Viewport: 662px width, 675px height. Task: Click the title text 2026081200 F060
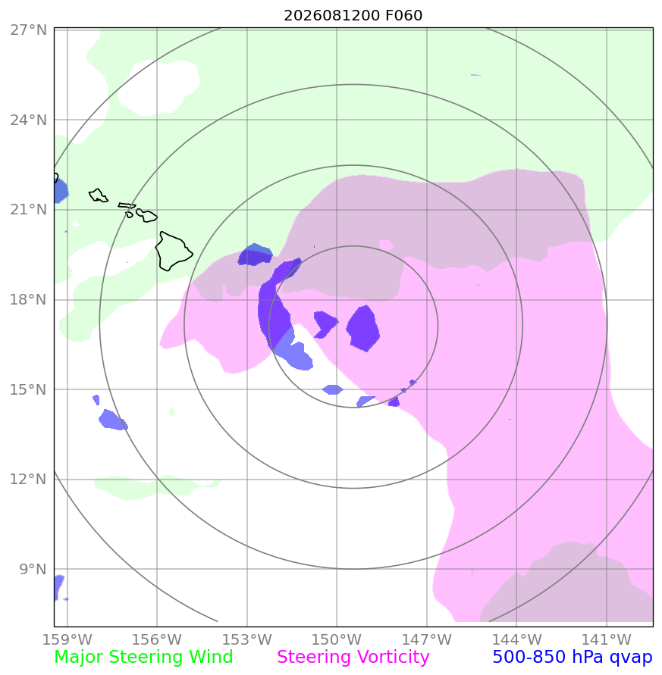(x=353, y=15)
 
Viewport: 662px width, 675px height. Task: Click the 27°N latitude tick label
(x=29, y=30)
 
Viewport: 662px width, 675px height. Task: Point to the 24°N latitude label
(x=29, y=120)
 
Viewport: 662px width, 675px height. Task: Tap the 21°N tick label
(x=29, y=210)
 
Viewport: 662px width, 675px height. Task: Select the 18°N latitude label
(x=29, y=299)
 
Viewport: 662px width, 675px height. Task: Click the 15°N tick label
(x=29, y=389)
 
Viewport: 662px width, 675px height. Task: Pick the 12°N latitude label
(x=29, y=479)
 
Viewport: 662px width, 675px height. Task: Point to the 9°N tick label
(x=33, y=569)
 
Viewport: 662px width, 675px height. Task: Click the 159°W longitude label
(x=67, y=639)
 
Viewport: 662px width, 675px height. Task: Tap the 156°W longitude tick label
(x=157, y=639)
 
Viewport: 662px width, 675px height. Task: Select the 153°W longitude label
(x=247, y=639)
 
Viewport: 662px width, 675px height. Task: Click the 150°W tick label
(x=337, y=639)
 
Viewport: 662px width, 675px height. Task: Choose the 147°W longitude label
(x=427, y=639)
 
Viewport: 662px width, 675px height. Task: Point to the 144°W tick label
(x=516, y=639)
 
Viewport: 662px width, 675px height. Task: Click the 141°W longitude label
(x=607, y=639)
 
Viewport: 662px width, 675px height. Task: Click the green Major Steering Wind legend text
(x=143, y=658)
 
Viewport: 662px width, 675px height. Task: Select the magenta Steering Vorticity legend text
(x=353, y=658)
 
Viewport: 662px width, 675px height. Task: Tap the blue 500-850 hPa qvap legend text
(x=573, y=658)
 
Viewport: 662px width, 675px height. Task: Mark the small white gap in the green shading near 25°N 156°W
(x=158, y=88)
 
